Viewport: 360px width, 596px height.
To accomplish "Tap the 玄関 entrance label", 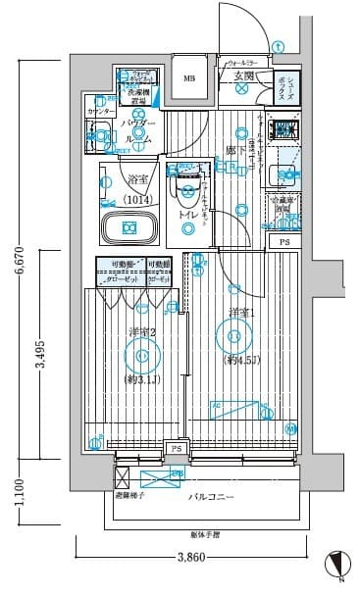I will [x=244, y=75].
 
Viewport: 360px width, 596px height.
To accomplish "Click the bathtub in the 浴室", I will [x=129, y=228].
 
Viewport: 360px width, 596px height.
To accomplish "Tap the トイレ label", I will [x=189, y=215].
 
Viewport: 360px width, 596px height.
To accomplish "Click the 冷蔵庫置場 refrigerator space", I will [x=282, y=207].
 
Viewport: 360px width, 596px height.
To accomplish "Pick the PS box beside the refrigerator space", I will [x=284, y=241].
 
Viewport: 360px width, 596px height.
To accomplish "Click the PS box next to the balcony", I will [x=176, y=449].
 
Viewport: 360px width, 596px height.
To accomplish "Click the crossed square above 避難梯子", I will [x=123, y=477].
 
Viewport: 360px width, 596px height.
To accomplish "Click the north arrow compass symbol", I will [x=336, y=567].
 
